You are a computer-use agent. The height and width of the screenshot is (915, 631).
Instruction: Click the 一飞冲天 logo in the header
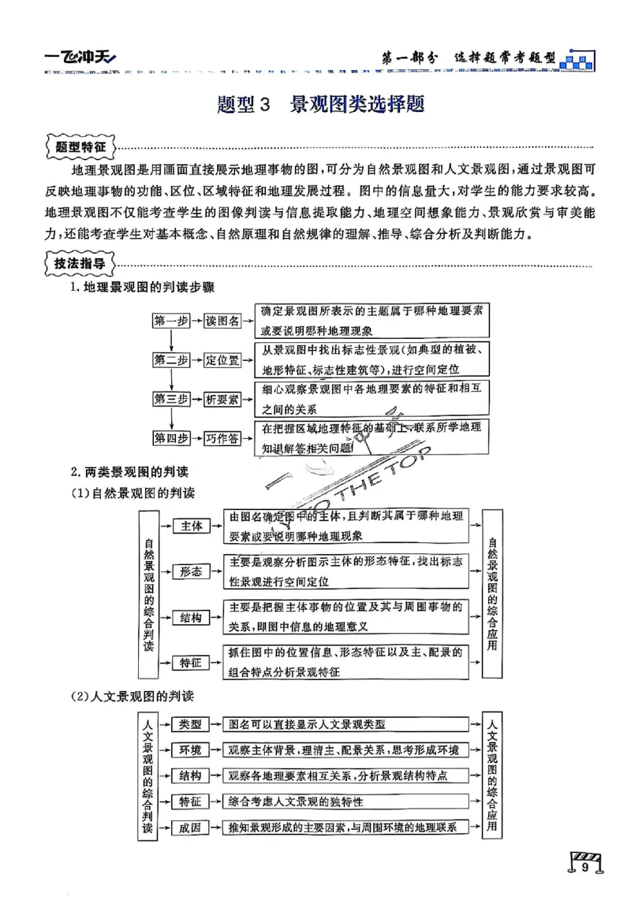tap(79, 57)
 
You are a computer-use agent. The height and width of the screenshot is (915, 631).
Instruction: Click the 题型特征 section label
tap(80, 147)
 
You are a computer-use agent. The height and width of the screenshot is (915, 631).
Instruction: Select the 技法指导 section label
tap(80, 264)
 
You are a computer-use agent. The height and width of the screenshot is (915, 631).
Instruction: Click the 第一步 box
tap(170, 321)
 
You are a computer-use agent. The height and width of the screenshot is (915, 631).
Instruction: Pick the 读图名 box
tap(222, 321)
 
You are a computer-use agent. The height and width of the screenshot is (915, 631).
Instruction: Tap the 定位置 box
tap(222, 360)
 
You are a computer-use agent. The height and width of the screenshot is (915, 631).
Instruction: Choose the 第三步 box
tap(170, 400)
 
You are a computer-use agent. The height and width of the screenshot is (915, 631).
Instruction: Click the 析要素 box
tap(222, 400)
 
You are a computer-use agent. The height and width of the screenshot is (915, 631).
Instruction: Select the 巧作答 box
tap(222, 439)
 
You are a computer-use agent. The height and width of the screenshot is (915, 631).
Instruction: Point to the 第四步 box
tap(170, 439)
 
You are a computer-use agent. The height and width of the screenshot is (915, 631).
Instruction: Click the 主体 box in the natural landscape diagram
tap(192, 526)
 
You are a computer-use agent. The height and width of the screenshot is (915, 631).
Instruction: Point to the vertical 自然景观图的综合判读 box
tap(149, 593)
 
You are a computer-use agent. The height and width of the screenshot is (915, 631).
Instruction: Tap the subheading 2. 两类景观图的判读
tap(129, 471)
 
